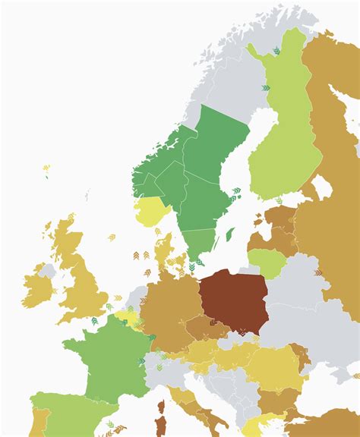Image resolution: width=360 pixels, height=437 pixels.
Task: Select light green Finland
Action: [278, 137]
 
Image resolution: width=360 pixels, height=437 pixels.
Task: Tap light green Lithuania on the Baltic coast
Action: [267, 262]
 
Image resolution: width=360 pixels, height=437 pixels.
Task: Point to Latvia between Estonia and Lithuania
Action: [273, 240]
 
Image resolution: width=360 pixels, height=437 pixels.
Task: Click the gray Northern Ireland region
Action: [48, 270]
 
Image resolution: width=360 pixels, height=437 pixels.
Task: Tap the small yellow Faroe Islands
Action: [46, 168]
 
